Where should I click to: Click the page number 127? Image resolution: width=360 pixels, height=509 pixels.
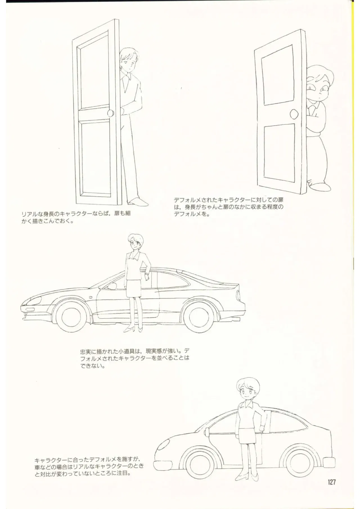(332, 482)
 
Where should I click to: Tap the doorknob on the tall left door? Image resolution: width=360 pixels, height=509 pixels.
(111, 113)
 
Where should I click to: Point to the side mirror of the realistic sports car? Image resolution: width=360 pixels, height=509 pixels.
(112, 286)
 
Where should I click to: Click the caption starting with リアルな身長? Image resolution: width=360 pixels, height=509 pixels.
(76, 217)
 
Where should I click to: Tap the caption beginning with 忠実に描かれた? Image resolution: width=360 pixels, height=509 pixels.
(134, 359)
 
